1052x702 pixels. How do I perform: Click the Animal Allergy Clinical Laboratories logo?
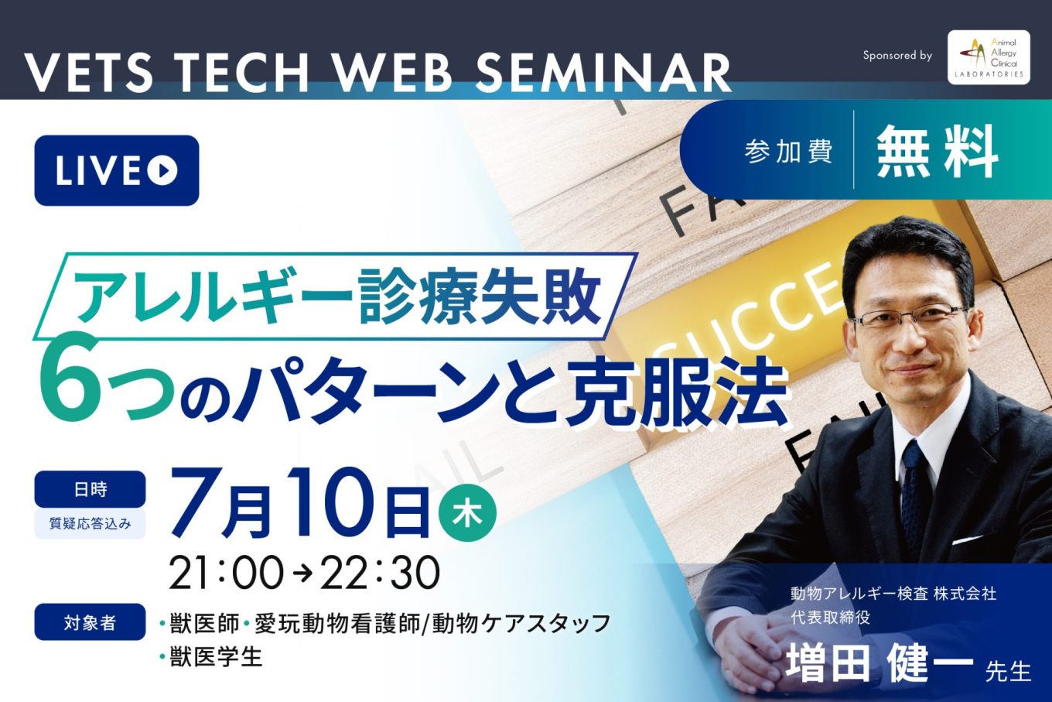(x=989, y=57)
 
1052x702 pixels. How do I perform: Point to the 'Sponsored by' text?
(x=897, y=56)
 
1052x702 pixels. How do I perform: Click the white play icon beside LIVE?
(x=162, y=170)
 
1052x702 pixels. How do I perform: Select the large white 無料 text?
(x=938, y=151)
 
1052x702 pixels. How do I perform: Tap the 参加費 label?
(x=788, y=152)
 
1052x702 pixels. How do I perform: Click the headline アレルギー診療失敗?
(x=338, y=296)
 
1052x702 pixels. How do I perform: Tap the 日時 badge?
(x=91, y=489)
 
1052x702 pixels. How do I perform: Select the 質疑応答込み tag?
(x=91, y=523)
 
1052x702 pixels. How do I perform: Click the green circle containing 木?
(x=467, y=515)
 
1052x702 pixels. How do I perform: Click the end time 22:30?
(x=380, y=573)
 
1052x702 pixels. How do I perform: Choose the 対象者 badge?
(x=91, y=622)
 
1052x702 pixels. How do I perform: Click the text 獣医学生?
(x=216, y=656)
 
